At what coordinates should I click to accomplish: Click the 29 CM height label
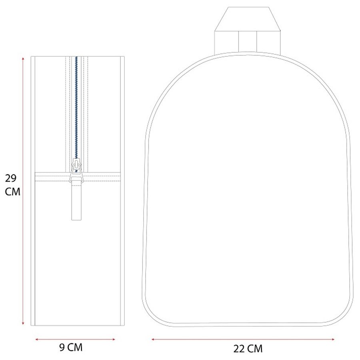pos(12,185)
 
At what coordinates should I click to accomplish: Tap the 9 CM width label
pos(71,347)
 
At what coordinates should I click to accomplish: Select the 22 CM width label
pos(248,349)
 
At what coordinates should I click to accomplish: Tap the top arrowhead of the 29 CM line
pos(23,59)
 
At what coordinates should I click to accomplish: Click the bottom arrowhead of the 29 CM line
pos(23,323)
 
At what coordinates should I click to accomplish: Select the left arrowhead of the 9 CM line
pos(37,339)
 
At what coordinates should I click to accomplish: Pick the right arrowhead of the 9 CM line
pos(114,339)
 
